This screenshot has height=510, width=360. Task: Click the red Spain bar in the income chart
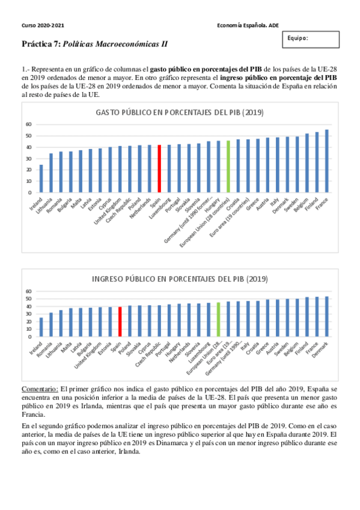coord(120,322)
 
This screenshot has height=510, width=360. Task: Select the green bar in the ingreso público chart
coord(218,319)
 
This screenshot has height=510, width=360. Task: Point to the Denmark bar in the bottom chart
coord(326,316)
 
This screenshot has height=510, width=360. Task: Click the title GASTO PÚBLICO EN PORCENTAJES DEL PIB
coord(180,112)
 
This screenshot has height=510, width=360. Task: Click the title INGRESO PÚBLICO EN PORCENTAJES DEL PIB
coord(180,279)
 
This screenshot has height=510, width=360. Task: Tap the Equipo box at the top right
coord(306,39)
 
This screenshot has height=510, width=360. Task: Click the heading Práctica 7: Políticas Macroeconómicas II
coord(94,45)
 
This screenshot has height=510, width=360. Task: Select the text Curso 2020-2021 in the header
coord(43,25)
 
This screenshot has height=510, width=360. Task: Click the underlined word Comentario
coord(40,389)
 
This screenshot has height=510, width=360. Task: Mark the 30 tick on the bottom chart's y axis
coord(28,314)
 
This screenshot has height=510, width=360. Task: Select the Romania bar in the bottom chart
coord(51,325)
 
